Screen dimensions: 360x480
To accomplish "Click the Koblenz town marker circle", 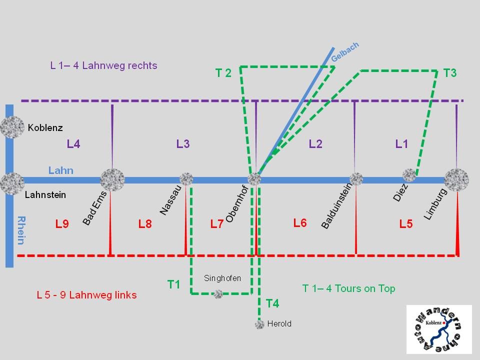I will [12, 127].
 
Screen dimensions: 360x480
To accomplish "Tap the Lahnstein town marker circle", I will [12, 183].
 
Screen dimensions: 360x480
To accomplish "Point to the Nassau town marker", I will [186, 178].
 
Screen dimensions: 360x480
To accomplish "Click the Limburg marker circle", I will [456, 179].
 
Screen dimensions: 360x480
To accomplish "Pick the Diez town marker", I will [410, 175].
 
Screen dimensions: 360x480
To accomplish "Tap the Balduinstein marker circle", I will [356, 178].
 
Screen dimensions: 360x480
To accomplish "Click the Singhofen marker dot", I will [218, 294].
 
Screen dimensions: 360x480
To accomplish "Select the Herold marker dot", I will [259, 324].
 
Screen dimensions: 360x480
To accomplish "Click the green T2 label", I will [223, 73].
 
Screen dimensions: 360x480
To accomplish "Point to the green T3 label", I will [450, 73].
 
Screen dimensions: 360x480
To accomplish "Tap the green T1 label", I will [173, 284].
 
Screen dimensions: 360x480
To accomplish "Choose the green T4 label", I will [272, 303].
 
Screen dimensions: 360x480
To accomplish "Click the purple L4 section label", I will [73, 144].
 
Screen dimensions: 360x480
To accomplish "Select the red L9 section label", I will [62, 224].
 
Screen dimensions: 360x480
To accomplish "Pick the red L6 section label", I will [300, 223].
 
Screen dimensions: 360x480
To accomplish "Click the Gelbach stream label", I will [345, 52].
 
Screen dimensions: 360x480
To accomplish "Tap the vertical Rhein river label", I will [21, 230].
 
